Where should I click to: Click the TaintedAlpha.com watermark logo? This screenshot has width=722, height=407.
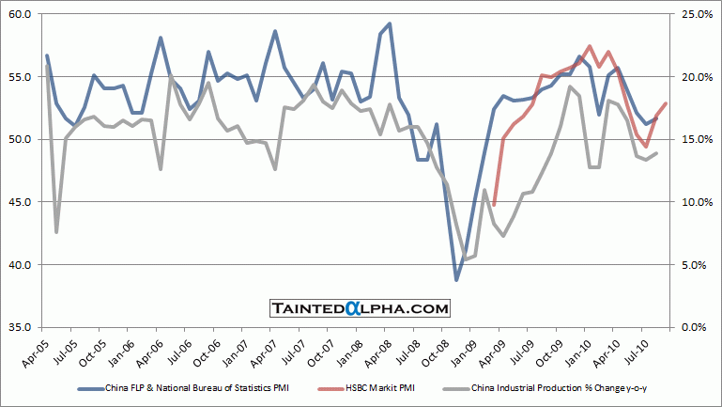click(361, 308)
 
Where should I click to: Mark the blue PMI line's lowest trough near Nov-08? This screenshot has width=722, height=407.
click(457, 280)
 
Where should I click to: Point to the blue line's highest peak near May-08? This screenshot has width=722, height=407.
click(390, 23)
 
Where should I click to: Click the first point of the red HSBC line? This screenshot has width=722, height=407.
click(494, 205)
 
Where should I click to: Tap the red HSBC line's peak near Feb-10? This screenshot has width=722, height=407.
click(589, 46)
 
